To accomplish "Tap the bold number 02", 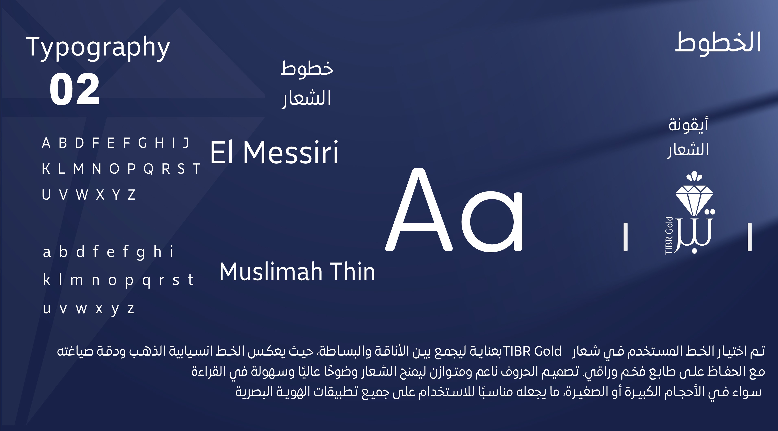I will (74, 89).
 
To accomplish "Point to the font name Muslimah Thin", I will (297, 272).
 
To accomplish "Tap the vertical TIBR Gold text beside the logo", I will (669, 236).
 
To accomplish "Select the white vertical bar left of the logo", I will (626, 237).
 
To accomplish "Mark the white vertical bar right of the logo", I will (749, 237).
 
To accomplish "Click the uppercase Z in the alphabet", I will (131, 195).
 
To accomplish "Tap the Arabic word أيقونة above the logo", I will (688, 124).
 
